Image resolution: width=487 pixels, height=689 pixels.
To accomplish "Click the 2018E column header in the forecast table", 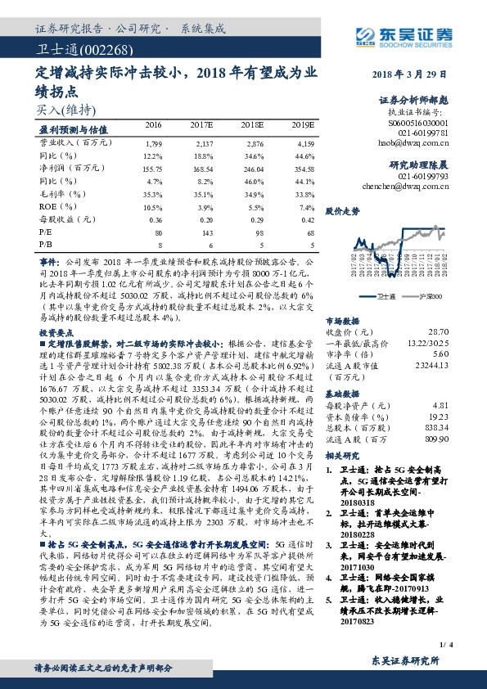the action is [251, 124].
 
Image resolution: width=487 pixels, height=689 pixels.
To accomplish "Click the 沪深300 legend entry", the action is [433, 297].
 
